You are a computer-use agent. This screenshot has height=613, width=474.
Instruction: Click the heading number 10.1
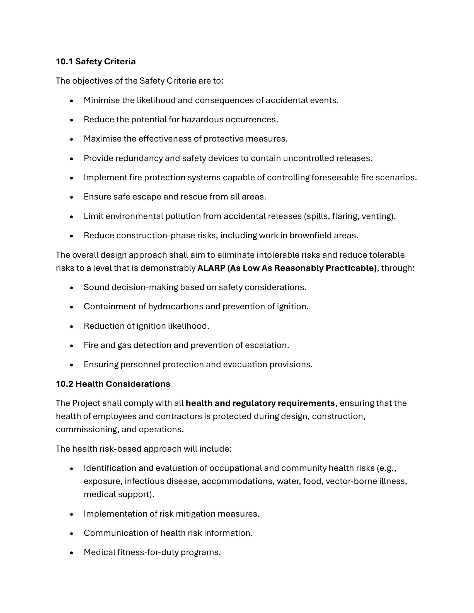pos(64,62)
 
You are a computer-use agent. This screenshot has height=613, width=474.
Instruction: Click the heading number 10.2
pos(64,384)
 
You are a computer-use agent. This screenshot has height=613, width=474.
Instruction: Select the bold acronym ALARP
pos(211,268)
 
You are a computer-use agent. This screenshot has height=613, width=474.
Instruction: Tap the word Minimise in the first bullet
pos(102,100)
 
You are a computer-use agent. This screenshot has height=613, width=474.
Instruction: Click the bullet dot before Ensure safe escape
pos(72,197)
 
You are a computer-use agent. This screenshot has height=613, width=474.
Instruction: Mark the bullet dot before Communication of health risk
pos(72,534)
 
